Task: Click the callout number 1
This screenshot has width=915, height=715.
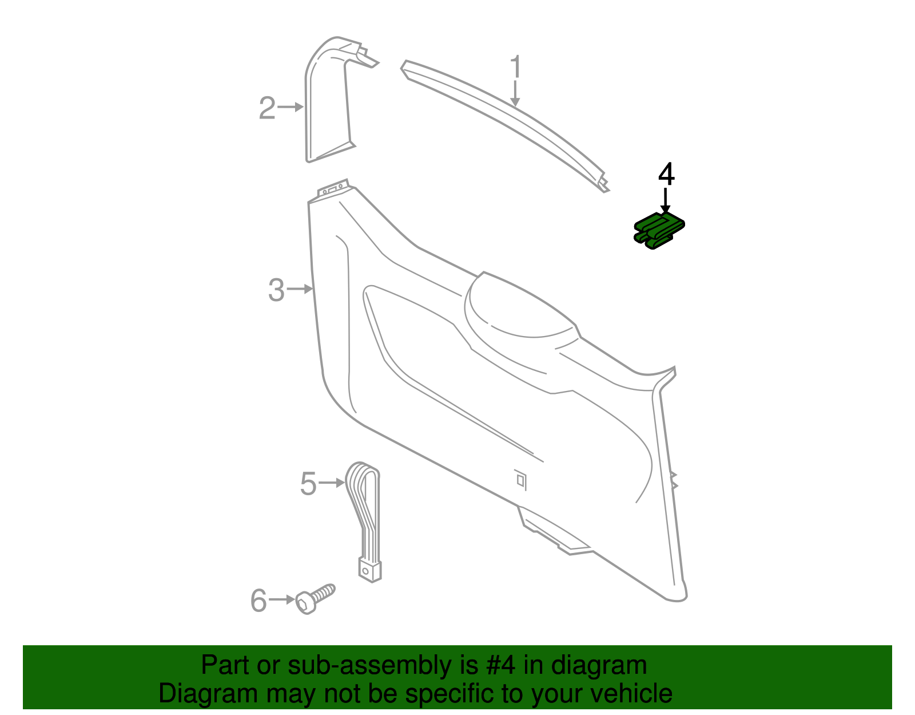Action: tap(516, 67)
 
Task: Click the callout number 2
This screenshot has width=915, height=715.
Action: tap(267, 108)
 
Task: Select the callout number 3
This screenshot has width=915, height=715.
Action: tap(276, 290)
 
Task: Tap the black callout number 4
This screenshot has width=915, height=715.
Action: tap(666, 174)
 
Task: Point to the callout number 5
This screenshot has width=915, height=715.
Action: tap(308, 484)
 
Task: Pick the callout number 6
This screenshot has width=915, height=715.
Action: tap(258, 601)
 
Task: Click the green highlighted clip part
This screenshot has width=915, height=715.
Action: tap(659, 231)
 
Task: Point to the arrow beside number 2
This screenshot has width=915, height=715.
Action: tap(291, 107)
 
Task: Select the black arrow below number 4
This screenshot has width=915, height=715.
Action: tap(665, 202)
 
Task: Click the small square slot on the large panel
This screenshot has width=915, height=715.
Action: tap(520, 479)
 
